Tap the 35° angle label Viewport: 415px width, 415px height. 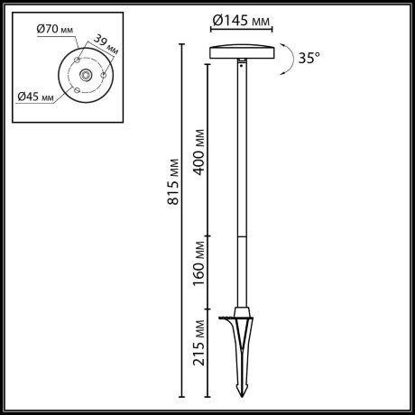309,58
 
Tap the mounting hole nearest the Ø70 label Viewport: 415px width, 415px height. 77,61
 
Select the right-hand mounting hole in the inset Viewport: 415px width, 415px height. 103,75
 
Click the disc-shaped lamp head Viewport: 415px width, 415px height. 241,51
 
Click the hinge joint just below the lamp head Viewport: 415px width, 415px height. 243,61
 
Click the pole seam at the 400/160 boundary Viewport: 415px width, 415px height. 242,236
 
